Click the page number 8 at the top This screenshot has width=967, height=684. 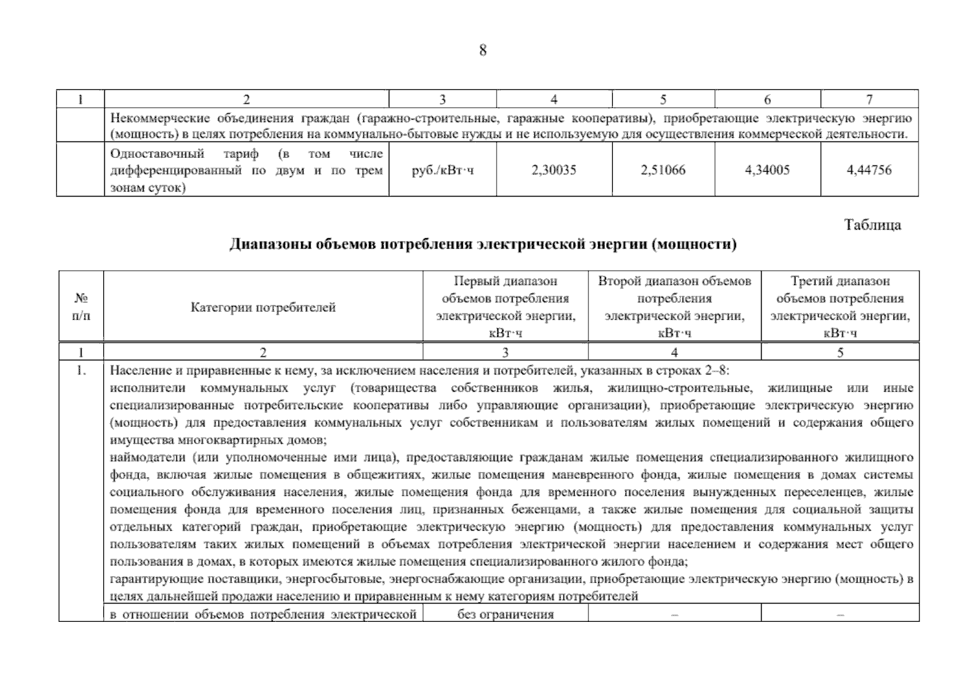[482, 51]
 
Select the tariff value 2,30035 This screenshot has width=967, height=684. [554, 170]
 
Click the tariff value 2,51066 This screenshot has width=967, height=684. [663, 170]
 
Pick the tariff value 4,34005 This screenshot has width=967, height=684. [767, 170]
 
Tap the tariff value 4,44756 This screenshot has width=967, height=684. [869, 170]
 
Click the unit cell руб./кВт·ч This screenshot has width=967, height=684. [442, 170]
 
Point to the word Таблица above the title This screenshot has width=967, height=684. [872, 225]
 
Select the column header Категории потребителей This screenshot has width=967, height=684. [263, 307]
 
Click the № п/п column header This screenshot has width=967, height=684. [81, 307]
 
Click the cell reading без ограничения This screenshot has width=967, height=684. [505, 614]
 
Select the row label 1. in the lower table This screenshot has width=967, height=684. [81, 371]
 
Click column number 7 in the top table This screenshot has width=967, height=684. [869, 100]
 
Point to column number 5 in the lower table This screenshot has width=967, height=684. [840, 353]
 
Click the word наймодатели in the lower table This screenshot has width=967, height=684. [147, 457]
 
